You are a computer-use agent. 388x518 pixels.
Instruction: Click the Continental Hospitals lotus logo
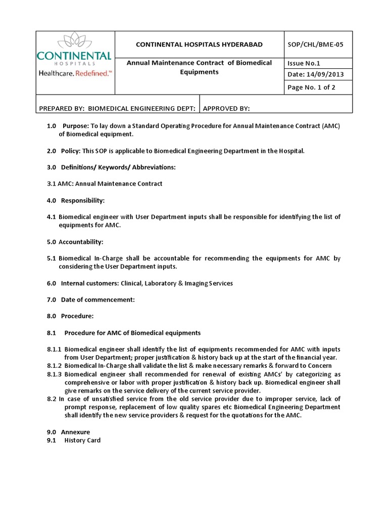coord(75,41)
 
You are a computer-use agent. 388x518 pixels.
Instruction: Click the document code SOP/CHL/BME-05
coord(315,45)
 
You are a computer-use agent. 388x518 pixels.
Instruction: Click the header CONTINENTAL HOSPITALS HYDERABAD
coord(199,45)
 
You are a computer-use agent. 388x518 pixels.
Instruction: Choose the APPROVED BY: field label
coord(226,108)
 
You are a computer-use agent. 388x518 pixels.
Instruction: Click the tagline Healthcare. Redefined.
coord(75,73)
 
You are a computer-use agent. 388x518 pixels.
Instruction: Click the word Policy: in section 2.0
coord(71,151)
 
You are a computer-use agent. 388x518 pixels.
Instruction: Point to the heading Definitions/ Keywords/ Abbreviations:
coord(118,167)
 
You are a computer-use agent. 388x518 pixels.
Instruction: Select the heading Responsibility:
coord(83,200)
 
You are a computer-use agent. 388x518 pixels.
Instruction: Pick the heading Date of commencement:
coord(98,299)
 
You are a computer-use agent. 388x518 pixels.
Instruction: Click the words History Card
coord(82,440)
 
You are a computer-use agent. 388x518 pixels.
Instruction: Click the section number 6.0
coord(51,283)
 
